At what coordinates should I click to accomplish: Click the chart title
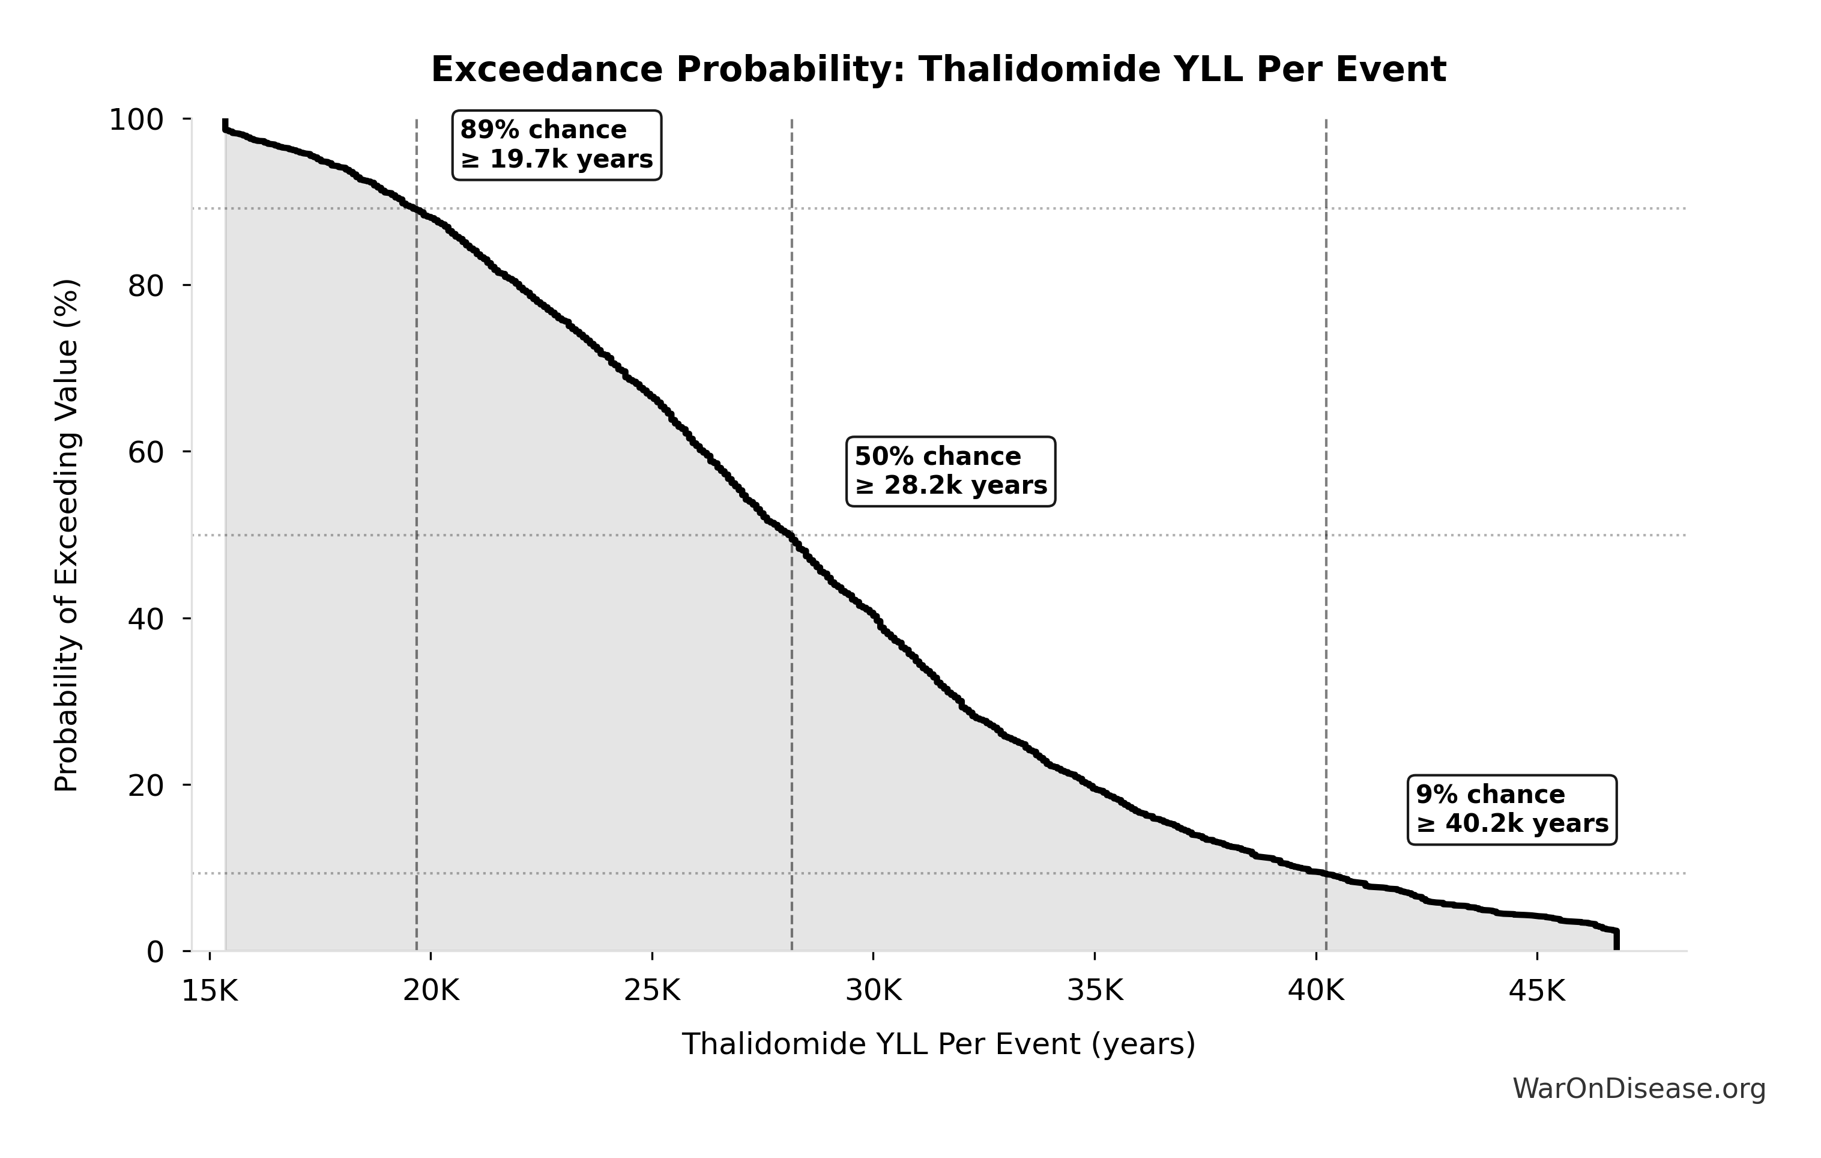click(938, 70)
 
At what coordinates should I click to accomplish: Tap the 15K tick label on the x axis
click(210, 991)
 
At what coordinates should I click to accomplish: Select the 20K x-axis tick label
click(431, 991)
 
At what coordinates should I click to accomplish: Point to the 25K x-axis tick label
click(652, 991)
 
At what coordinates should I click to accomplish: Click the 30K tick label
click(874, 991)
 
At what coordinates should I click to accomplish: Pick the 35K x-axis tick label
click(1095, 991)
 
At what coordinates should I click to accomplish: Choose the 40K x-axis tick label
click(1316, 991)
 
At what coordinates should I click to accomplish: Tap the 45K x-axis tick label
click(1536, 991)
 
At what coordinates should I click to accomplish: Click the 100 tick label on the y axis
click(136, 120)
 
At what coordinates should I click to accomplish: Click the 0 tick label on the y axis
click(155, 952)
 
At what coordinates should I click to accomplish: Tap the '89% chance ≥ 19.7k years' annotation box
click(557, 145)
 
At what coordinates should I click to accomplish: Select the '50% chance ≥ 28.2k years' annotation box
click(950, 471)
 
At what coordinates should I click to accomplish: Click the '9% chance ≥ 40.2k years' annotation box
click(1512, 809)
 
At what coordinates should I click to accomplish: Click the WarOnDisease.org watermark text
click(1638, 1089)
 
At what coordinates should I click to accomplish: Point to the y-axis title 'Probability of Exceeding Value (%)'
click(67, 536)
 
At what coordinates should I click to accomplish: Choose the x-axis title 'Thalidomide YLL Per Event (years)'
click(938, 1044)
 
